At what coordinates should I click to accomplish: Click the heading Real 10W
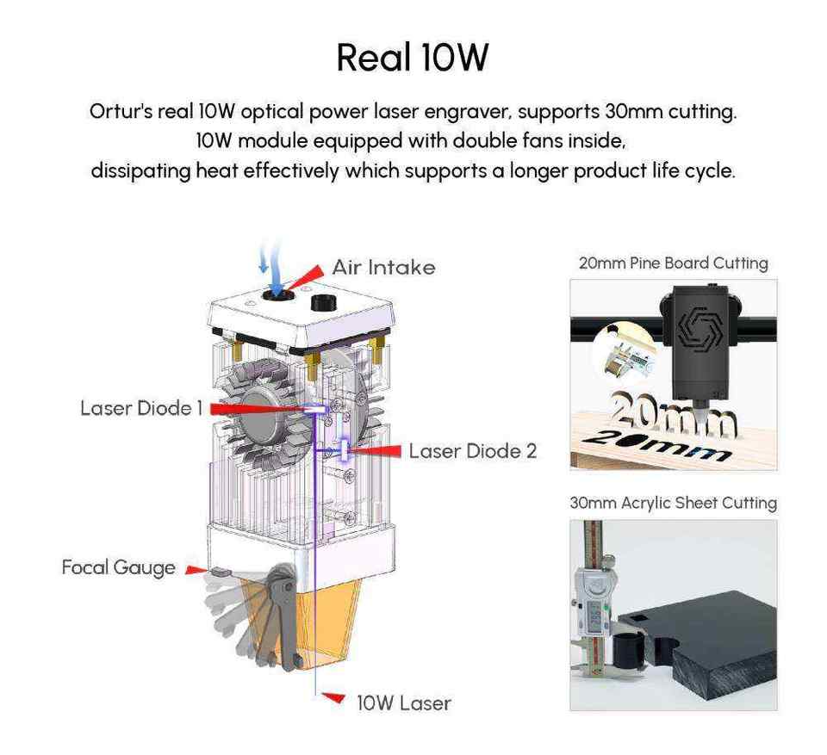point(413,57)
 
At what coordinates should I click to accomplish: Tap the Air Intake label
point(383,267)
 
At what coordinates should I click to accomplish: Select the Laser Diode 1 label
point(140,407)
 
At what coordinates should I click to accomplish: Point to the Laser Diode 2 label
point(472,450)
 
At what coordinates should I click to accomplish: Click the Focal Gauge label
point(118,567)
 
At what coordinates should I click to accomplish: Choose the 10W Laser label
point(403,702)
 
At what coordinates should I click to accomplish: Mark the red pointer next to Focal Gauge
point(196,569)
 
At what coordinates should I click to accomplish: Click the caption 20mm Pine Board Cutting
point(673,263)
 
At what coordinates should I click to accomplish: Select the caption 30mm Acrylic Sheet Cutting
point(673,503)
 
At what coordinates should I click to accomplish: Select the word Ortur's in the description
point(121,112)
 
